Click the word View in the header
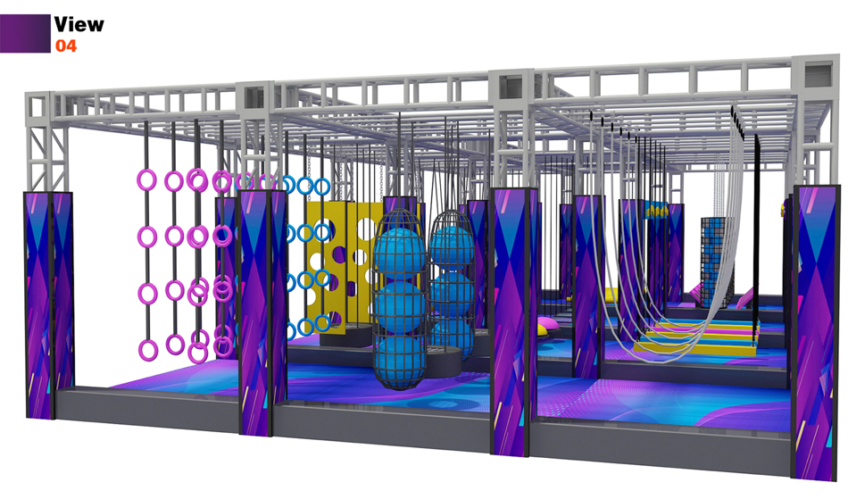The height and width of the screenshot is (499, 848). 79,24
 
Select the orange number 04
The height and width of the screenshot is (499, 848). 66,46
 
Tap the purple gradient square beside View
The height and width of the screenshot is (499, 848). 25,34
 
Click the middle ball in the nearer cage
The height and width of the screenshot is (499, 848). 399,307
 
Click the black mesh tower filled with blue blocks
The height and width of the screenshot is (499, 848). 718,262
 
